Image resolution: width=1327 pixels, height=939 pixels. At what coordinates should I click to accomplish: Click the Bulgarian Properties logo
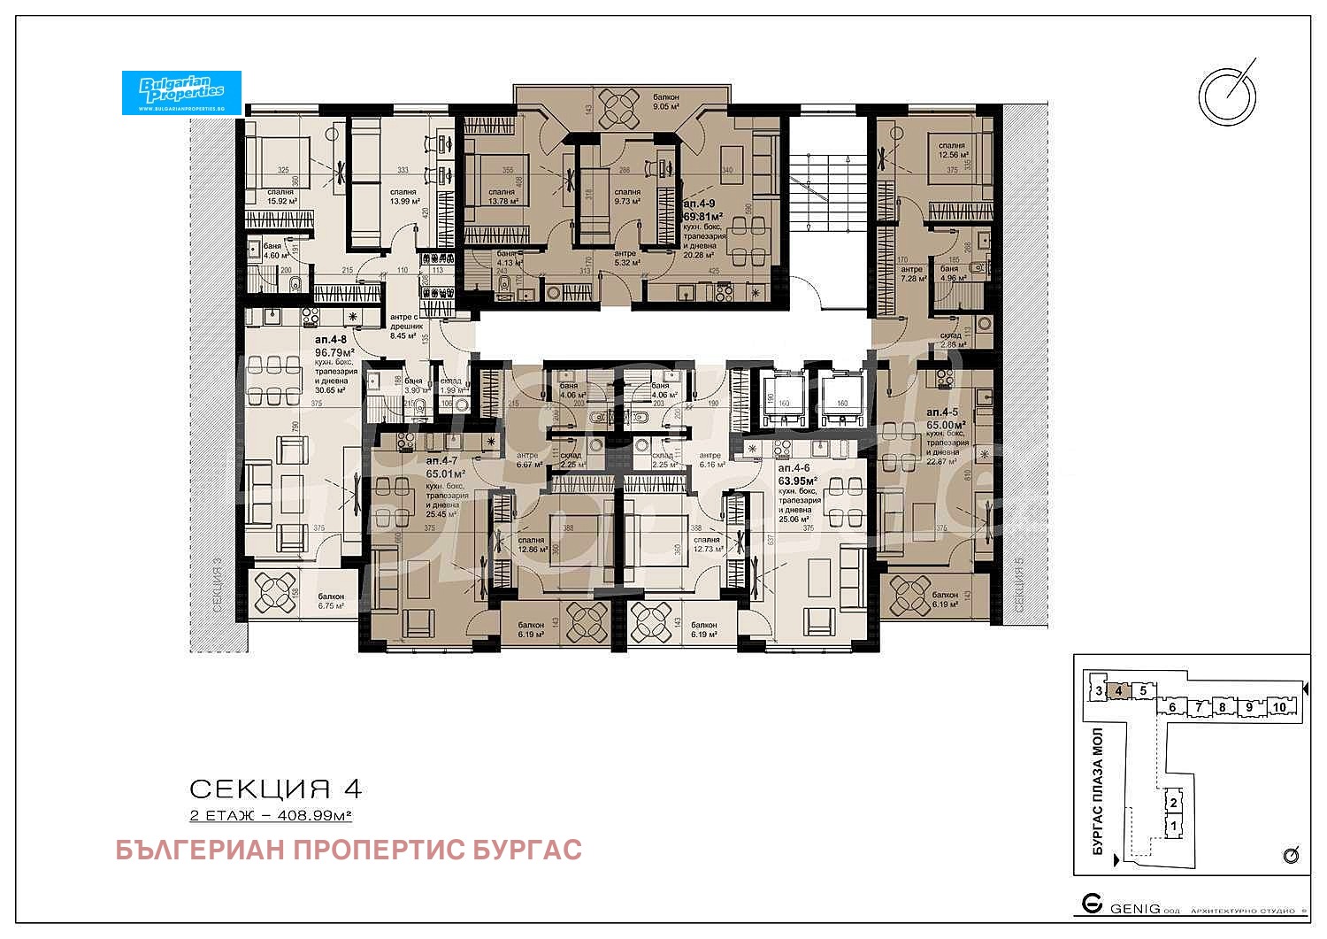click(181, 92)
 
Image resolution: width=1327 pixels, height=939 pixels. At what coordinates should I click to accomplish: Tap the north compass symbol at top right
click(1227, 93)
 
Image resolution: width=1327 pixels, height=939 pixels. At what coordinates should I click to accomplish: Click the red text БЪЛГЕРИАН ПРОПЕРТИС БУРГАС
click(349, 850)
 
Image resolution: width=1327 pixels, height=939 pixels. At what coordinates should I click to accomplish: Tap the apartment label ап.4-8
click(332, 339)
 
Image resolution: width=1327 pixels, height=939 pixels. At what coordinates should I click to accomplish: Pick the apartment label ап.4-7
click(441, 461)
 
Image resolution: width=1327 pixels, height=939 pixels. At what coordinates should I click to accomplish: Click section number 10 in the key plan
click(1278, 706)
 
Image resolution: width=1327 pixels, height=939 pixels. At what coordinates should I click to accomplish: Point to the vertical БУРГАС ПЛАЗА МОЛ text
click(1098, 790)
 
